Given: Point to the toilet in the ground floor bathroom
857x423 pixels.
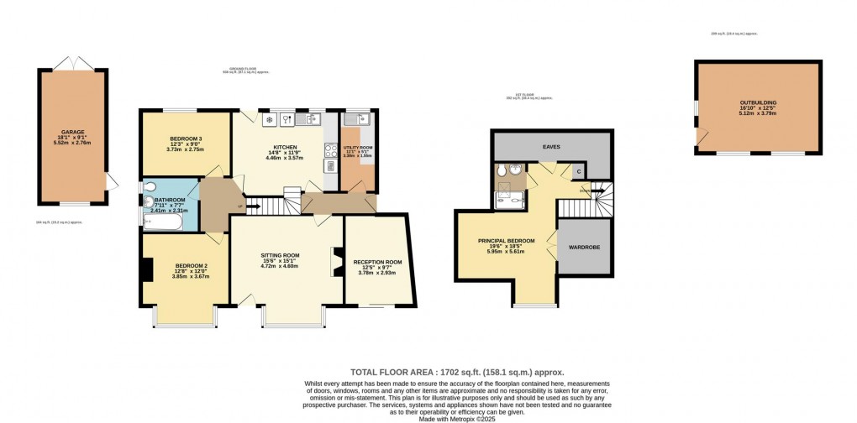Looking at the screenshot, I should tap(149, 186).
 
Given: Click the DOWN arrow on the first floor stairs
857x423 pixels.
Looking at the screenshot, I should tap(585, 192).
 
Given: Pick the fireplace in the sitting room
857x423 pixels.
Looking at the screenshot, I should tap(337, 261).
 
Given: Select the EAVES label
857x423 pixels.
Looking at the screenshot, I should tap(550, 147).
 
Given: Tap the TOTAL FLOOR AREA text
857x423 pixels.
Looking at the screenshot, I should tap(456, 372).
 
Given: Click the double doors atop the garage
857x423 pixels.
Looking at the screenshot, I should tap(71, 63).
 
